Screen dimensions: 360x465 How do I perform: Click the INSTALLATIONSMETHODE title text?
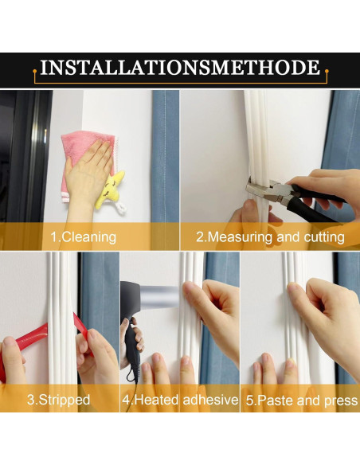[180, 68]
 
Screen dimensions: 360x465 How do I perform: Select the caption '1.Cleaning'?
[84, 237]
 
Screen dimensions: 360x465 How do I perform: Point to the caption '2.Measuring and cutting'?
[270, 237]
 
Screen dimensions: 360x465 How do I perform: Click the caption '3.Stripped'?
[58, 400]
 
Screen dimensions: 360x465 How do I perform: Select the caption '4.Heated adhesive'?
[180, 400]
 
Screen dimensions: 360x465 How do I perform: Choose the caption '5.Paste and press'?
[302, 401]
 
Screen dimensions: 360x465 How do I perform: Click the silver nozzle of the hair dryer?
[158, 296]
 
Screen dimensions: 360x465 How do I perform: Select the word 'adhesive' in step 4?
[210, 400]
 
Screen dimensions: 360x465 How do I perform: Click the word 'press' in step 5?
[341, 401]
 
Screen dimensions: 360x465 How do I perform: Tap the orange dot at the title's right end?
[327, 71]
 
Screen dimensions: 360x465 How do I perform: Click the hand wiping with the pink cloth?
[86, 175]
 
